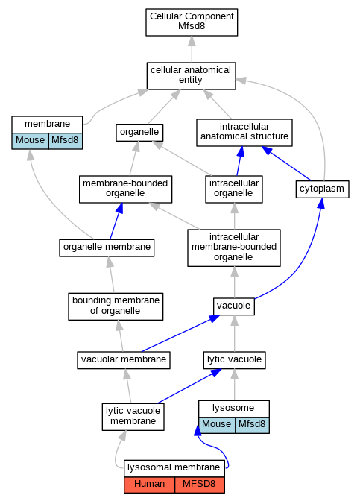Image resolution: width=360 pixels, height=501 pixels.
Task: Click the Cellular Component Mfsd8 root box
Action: click(192, 22)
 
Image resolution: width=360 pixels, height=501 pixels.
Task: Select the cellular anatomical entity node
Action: click(191, 76)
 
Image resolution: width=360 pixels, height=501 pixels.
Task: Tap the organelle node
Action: click(139, 132)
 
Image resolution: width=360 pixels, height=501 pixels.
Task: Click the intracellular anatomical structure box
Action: click(244, 133)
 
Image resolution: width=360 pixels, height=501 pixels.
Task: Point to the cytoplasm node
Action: click(322, 189)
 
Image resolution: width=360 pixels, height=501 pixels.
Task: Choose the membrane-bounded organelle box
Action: click(125, 189)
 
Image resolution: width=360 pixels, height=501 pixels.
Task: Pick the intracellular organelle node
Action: click(234, 189)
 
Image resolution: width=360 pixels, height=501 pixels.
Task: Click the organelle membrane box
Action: click(107, 248)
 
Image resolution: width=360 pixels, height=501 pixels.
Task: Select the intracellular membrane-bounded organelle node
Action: click(234, 248)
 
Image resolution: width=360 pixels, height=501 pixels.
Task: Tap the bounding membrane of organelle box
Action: click(116, 306)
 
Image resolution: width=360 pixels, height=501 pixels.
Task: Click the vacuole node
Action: click(234, 306)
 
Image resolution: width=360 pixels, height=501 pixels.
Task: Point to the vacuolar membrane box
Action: click(124, 360)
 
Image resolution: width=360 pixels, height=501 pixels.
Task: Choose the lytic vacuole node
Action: click(235, 360)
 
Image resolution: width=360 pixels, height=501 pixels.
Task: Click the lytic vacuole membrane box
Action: click(133, 417)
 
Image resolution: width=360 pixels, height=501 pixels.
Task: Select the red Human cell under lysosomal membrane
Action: click(150, 485)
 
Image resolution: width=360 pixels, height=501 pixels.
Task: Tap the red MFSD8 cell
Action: click(199, 485)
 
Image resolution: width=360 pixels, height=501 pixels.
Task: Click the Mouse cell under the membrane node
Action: click(30, 141)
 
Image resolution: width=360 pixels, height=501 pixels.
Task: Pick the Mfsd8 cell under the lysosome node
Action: click(252, 425)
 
